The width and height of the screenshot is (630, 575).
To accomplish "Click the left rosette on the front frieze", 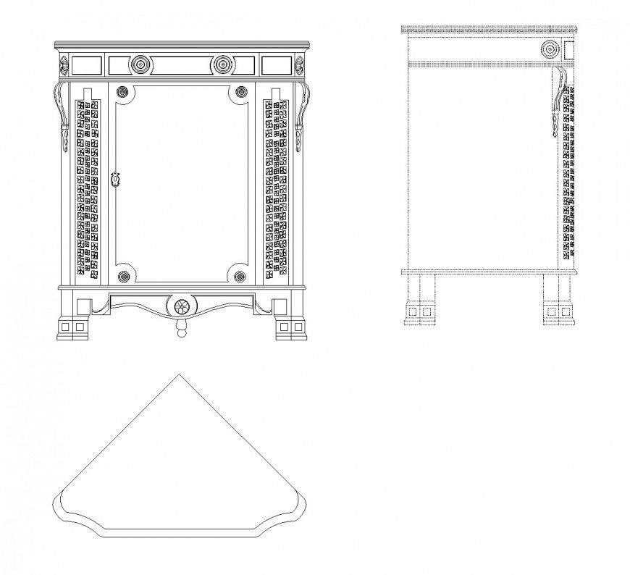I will [x=140, y=65].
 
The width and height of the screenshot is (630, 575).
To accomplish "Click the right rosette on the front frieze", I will [x=222, y=65].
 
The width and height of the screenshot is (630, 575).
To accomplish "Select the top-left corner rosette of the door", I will [x=123, y=91].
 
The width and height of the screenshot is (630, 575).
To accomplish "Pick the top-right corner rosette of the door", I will [x=241, y=91].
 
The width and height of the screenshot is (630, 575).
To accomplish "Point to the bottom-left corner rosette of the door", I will [x=123, y=276].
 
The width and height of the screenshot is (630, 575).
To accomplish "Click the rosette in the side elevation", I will [x=550, y=50].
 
